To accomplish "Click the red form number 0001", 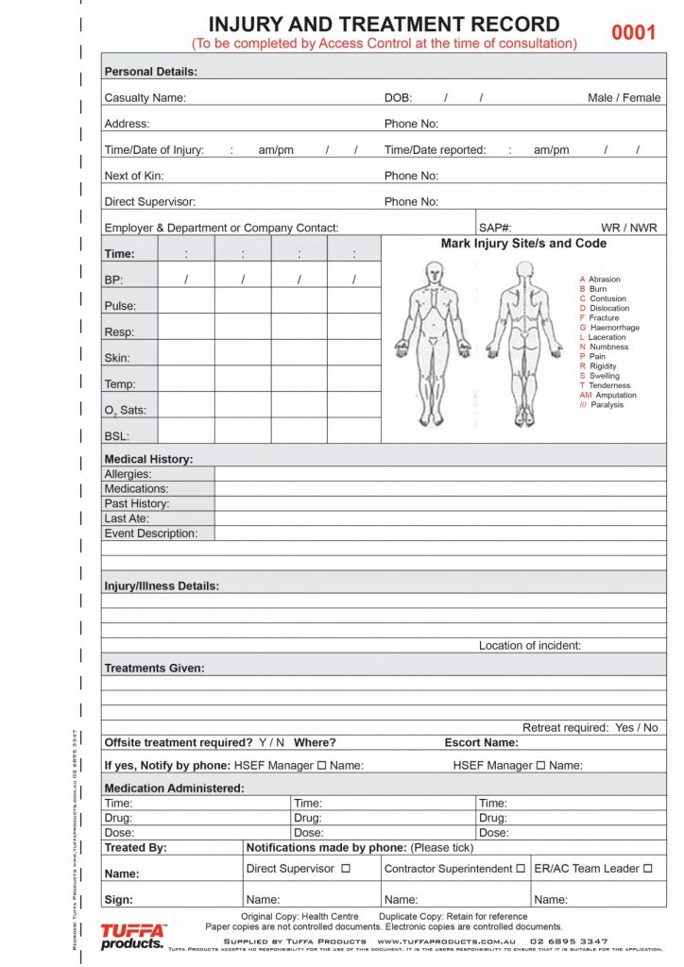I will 632,33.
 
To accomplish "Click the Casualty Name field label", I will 145,98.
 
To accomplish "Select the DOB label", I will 398,98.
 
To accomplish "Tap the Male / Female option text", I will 624,98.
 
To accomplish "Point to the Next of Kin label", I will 136,176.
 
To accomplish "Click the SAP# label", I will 495,228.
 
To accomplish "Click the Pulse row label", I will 120,306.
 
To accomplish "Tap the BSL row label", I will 116,436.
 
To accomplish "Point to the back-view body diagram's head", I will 524,272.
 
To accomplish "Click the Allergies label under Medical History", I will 128,474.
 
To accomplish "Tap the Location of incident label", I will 529,646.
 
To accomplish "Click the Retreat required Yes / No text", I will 590,728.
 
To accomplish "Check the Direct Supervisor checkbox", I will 345,868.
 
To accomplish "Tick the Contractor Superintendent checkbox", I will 521,868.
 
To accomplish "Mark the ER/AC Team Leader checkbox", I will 647,868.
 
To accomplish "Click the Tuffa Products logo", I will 132,937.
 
